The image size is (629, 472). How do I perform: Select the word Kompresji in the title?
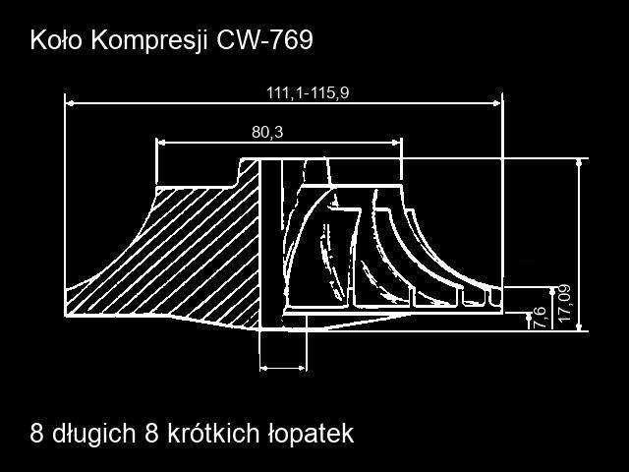coord(149,41)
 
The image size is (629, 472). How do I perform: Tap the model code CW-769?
coord(264,40)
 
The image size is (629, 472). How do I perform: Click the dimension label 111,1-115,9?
coord(308,92)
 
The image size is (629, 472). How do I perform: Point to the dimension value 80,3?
coord(267,132)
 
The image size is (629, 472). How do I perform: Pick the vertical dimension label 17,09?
coord(564,303)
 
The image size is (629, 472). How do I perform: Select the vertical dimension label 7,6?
coord(540,318)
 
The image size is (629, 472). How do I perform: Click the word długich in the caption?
coord(93,435)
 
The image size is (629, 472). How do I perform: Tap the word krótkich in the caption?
coord(212,433)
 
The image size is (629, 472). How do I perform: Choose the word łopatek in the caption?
coord(311,435)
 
